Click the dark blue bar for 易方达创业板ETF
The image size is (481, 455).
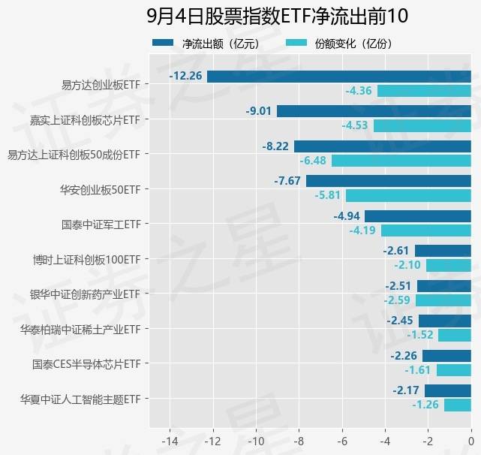(338, 76)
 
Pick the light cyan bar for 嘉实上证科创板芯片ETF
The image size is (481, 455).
(422, 125)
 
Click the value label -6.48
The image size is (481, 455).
(313, 161)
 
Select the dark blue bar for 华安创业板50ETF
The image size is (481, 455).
(388, 181)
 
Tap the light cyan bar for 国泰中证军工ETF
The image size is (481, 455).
(425, 231)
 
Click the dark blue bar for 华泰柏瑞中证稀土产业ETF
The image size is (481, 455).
(444, 321)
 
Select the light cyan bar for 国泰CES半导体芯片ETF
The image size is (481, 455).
(453, 370)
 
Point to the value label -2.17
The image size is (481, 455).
(406, 390)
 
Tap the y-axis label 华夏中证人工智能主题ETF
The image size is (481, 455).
(80, 399)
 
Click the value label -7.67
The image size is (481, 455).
(287, 181)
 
